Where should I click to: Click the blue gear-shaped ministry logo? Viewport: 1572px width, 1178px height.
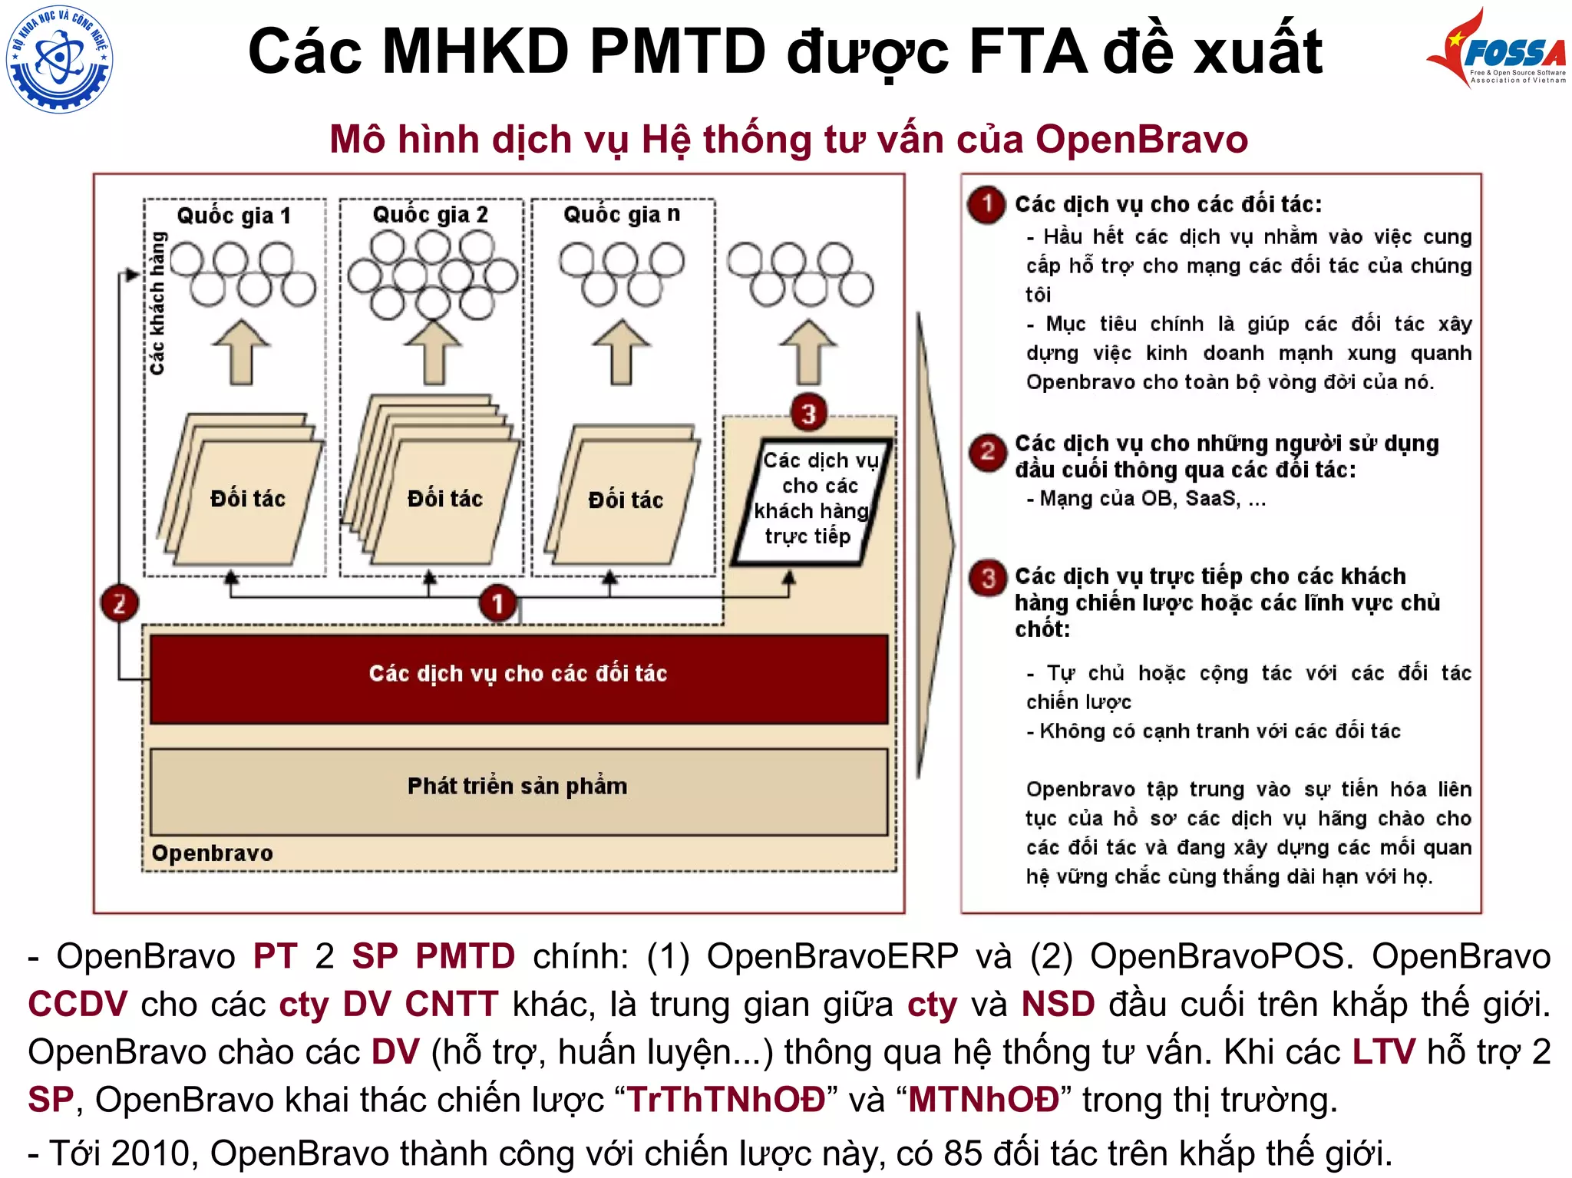[x=59, y=59]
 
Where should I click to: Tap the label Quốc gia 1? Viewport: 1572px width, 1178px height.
[x=233, y=216]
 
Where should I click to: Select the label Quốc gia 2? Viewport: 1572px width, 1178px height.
[x=430, y=214]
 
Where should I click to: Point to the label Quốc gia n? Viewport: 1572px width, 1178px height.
[x=621, y=214]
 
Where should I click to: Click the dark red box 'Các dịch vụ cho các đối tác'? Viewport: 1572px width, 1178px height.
[x=518, y=678]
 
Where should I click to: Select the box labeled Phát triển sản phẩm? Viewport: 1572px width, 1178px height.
[x=518, y=790]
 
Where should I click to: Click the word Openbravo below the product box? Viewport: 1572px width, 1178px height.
[x=212, y=853]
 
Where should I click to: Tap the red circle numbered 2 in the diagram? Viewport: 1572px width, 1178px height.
[x=120, y=603]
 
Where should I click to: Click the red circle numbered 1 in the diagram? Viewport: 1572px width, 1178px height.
[x=497, y=603]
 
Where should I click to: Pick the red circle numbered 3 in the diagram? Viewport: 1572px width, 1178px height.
[x=808, y=414]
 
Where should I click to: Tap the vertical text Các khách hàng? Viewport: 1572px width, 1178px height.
[x=157, y=303]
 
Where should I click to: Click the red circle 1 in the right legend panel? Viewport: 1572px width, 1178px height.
[x=987, y=204]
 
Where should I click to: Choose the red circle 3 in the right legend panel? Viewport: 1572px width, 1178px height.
[x=988, y=578]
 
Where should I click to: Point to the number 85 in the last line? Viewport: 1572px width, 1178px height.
[x=963, y=1153]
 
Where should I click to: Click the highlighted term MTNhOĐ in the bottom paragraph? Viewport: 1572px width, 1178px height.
[x=983, y=1100]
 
